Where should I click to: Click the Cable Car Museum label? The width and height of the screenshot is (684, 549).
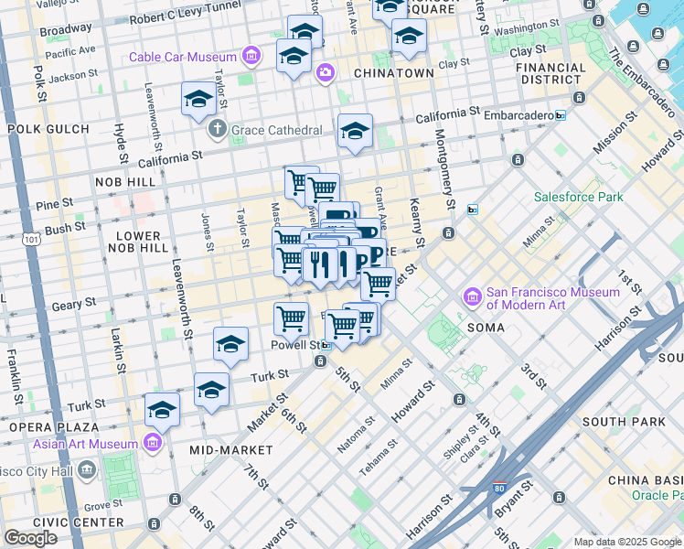pos(182,57)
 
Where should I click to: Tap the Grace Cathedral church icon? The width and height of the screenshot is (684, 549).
pos(218,129)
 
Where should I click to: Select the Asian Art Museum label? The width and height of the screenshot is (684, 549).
pos(87,445)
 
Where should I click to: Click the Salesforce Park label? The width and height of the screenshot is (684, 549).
pos(578,197)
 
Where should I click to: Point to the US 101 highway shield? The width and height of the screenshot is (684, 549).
pos(32,241)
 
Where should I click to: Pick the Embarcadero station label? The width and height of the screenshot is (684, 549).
pos(515,115)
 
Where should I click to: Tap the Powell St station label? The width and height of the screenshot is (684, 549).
pos(294,346)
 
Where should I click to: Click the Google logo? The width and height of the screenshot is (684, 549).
pos(30,538)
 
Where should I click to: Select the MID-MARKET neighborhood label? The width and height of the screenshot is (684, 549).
pos(230,450)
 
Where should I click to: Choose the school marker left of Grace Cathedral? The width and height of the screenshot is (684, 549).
pos(198,100)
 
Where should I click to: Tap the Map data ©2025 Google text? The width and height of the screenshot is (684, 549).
pos(625,542)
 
